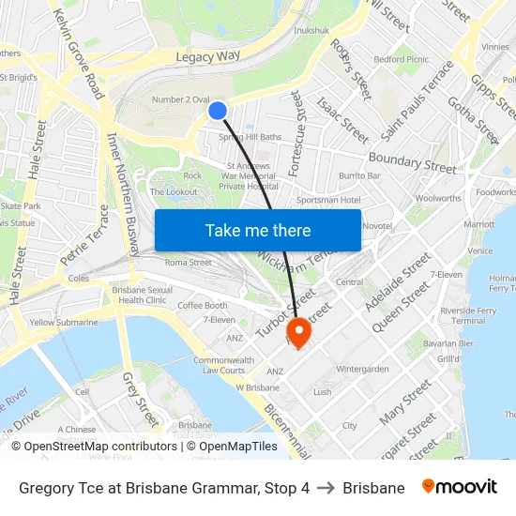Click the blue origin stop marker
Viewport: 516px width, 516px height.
[218, 111]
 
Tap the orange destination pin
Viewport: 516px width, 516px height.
[298, 331]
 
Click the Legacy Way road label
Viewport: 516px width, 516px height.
[208, 57]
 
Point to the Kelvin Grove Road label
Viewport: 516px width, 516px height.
[78, 55]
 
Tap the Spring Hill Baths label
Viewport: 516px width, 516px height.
[250, 137]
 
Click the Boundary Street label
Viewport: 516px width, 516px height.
[412, 161]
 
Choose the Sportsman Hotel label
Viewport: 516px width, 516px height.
[327, 200]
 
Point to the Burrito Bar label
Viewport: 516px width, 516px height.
[359, 175]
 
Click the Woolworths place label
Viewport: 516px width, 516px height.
[438, 198]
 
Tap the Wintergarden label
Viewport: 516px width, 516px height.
[362, 369]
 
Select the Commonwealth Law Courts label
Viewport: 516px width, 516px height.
[223, 365]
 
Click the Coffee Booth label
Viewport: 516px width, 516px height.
[203, 305]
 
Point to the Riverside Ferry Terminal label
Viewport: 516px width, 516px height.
[468, 315]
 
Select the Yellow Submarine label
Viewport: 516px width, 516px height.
[63, 323]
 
